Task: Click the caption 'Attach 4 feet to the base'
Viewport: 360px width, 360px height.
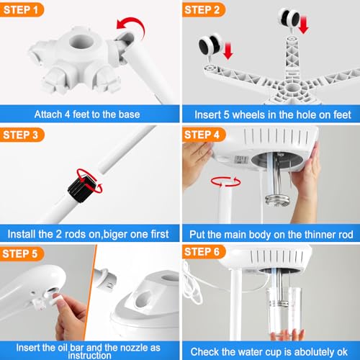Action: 89,114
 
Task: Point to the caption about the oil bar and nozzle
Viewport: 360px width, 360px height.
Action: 89,343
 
